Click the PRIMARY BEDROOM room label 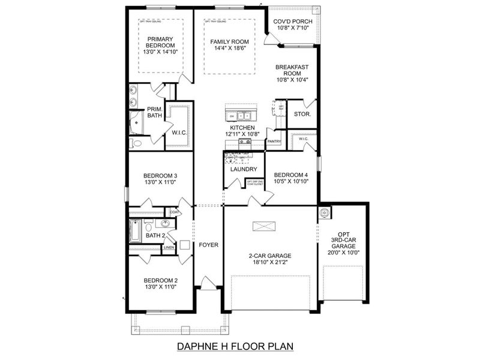(160, 46)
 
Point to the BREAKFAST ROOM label (292, 73)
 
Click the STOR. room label (302, 114)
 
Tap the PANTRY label (274, 142)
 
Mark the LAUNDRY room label (244, 169)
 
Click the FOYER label (209, 245)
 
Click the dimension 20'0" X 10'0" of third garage (343, 253)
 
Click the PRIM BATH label (155, 112)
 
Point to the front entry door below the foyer (208, 283)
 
